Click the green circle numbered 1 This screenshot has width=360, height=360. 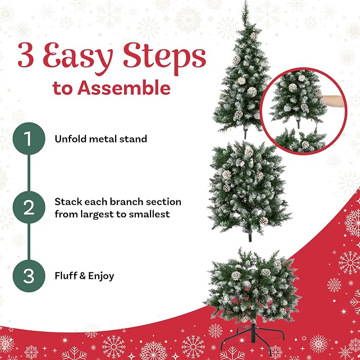pos(29,138)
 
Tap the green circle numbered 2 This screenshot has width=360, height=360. pos(29,207)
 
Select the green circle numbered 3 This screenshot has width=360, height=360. pos(29,276)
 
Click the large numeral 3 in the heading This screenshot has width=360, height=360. pos(25,55)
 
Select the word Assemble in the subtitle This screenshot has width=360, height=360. pos(124,87)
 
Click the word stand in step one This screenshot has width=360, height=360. pos(135,139)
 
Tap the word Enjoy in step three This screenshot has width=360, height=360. pos(101,276)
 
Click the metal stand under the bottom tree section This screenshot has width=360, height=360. pos(253,336)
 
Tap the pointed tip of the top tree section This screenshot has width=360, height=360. pos(246,1)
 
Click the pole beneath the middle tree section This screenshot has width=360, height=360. pos(250,237)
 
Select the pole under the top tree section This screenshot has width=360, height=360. pos(245,134)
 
